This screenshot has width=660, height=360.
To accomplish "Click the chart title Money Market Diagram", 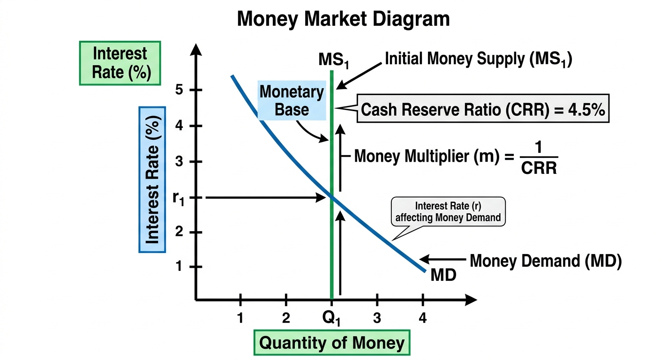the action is (343, 19).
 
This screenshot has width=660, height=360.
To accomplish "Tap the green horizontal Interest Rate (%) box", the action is (120, 63).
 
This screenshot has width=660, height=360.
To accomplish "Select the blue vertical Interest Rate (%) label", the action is (152, 180).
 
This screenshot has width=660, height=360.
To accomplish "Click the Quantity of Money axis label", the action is (332, 343).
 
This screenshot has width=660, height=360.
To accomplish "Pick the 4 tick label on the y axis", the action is (179, 126).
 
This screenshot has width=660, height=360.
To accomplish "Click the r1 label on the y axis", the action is (179, 199).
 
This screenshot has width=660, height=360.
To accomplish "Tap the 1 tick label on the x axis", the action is (240, 318).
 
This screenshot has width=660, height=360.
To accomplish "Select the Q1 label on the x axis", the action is (331, 318).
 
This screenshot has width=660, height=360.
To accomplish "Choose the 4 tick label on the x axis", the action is (423, 318).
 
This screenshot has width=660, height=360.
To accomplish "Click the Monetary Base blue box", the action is (292, 100).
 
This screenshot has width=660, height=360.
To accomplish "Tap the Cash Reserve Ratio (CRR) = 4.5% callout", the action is (483, 108).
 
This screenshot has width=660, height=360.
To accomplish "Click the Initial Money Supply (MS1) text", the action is (479, 59).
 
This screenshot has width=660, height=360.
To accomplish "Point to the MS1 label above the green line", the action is (334, 60).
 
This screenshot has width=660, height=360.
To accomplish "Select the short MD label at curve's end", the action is (443, 275).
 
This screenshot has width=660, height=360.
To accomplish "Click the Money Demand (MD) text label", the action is (546, 261).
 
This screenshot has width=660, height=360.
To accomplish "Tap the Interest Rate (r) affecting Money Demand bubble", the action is (448, 211).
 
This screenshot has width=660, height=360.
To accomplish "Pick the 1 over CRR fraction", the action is (539, 158).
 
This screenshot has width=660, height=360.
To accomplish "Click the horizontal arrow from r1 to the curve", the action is (265, 197).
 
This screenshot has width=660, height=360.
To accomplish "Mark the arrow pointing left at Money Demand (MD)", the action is (442, 259).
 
